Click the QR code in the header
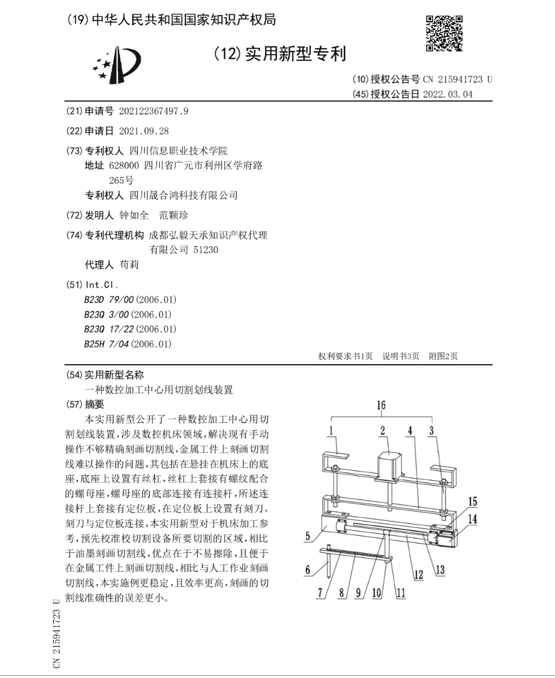444,32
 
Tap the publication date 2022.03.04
448,94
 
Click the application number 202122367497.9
154,111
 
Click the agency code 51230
206,250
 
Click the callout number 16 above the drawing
381,405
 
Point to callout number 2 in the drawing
383,431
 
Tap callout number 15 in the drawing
472,502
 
